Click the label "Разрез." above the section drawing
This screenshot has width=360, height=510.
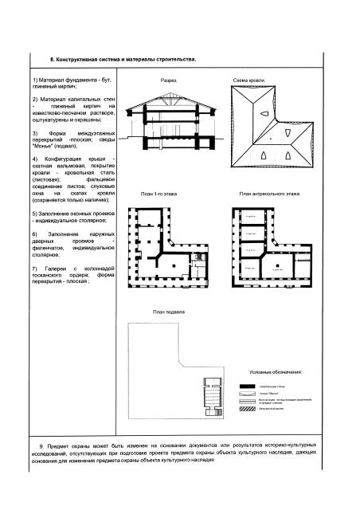169,81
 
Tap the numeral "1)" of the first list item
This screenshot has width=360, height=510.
35,82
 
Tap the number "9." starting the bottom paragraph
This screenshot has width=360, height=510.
41,444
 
